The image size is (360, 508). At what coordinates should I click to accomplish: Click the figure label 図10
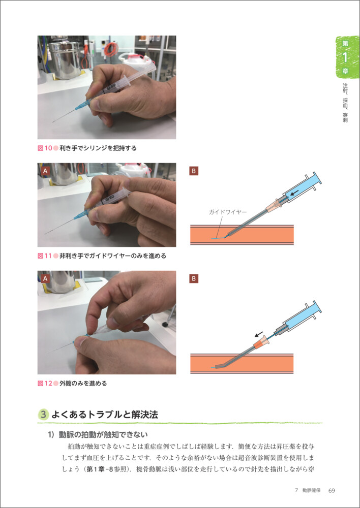pos(45,148)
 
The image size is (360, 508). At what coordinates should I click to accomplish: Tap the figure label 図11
pos(45,256)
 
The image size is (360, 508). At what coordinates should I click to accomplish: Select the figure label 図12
pos(45,383)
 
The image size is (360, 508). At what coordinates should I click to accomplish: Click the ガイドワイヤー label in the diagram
pos(228,212)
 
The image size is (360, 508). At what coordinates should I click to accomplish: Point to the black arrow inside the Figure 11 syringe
pos(295,194)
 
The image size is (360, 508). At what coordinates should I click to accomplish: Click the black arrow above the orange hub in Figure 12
pos(258,334)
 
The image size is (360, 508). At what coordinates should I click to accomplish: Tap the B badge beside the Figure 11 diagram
pos(194,171)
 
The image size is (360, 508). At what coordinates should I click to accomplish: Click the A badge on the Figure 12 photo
pos(45,278)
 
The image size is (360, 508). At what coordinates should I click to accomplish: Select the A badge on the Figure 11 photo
pos(45,171)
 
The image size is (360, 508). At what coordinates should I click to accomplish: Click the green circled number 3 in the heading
pos(44,415)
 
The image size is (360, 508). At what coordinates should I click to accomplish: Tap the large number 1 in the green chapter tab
pos(345,57)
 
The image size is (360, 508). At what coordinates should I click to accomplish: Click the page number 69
pos(332,491)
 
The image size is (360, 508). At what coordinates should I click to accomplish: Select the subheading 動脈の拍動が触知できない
pos(103,434)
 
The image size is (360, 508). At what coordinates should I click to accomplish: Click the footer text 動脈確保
pos(311,491)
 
